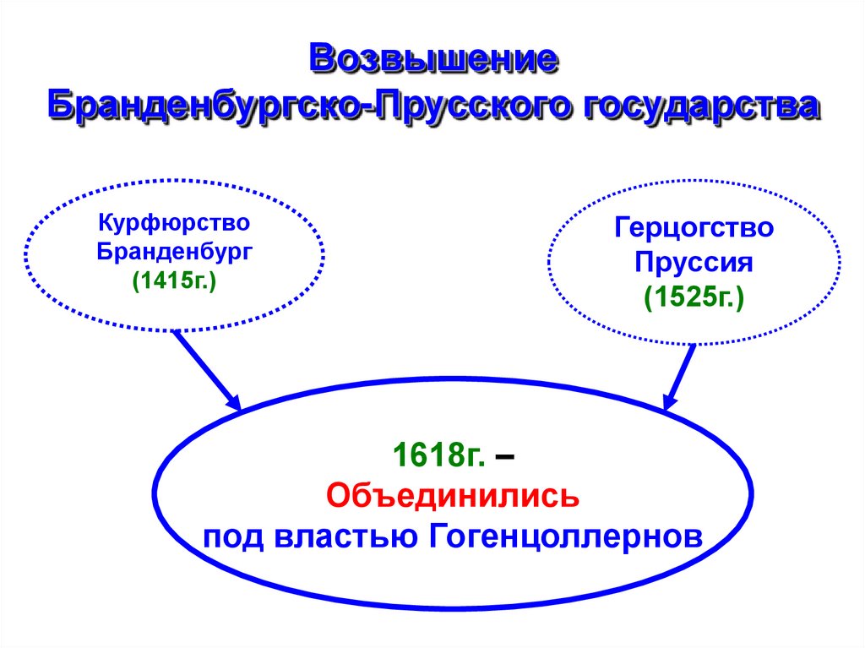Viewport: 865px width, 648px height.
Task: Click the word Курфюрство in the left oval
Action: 174,224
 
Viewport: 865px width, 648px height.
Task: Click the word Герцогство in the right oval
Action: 694,228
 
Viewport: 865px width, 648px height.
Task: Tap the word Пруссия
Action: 694,262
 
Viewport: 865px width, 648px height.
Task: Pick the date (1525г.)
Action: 694,297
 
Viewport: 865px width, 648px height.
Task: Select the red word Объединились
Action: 453,496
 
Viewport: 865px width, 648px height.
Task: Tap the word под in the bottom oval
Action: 232,536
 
